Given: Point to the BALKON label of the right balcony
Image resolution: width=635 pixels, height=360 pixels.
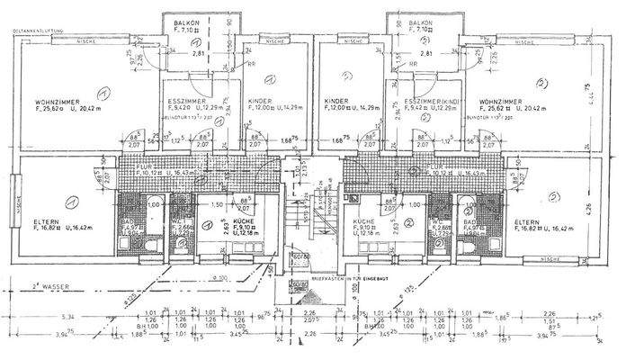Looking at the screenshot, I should (x=419, y=22).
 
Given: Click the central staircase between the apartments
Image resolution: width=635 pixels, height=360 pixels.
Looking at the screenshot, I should (x=302, y=216).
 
